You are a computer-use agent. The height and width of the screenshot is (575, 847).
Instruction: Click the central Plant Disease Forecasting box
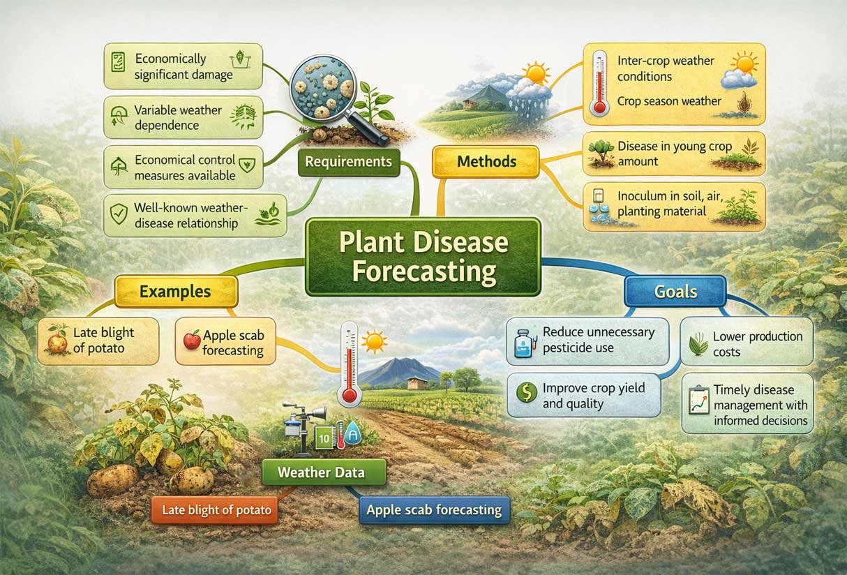tap(423, 256)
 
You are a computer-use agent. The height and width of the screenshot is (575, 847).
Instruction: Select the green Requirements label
tap(349, 161)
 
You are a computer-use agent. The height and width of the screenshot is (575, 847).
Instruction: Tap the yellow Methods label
tap(486, 161)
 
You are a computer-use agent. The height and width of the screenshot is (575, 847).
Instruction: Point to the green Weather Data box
tap(321, 472)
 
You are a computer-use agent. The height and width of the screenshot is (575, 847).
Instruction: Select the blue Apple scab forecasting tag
tap(433, 510)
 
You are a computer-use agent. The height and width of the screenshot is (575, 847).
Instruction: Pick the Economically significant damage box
tap(183, 66)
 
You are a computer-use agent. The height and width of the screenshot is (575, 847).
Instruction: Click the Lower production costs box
tap(747, 342)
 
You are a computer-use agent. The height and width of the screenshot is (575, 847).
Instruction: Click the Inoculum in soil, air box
tap(673, 206)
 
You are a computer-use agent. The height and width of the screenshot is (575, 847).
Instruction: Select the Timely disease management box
tap(747, 403)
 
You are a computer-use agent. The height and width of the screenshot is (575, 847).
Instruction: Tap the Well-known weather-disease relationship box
tap(183, 215)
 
